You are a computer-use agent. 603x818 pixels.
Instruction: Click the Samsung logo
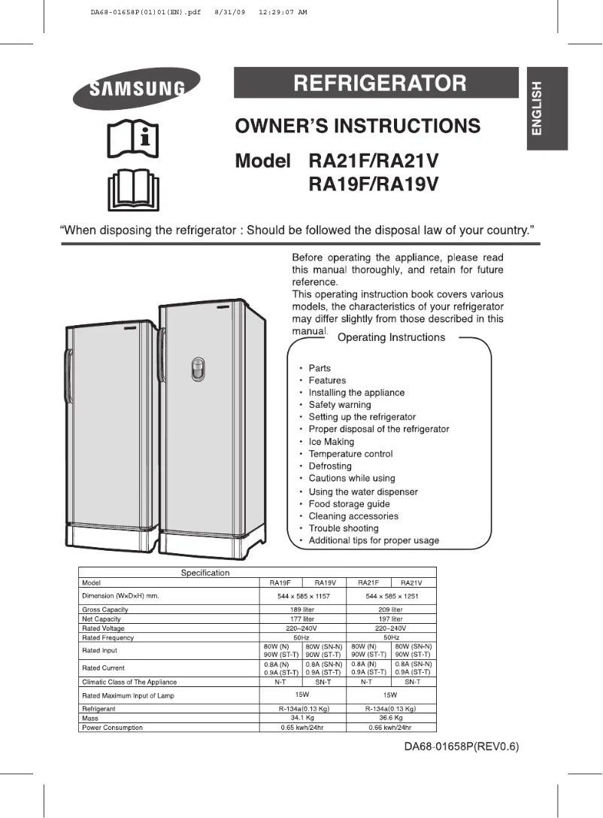[137, 88]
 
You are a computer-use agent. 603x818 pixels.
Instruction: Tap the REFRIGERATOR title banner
[376, 83]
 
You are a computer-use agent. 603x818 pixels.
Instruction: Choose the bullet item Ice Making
[331, 442]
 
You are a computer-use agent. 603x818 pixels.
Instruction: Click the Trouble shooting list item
[343, 528]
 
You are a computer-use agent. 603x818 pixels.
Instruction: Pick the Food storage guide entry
[349, 504]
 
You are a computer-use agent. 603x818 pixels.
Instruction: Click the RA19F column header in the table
[280, 582]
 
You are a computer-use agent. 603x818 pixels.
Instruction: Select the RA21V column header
[411, 582]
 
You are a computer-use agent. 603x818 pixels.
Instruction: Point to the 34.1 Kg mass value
[302, 719]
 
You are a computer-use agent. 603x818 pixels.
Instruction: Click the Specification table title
[205, 573]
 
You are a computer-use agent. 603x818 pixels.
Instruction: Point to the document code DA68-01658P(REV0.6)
[461, 747]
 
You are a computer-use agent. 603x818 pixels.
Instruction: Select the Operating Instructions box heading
[391, 338]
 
